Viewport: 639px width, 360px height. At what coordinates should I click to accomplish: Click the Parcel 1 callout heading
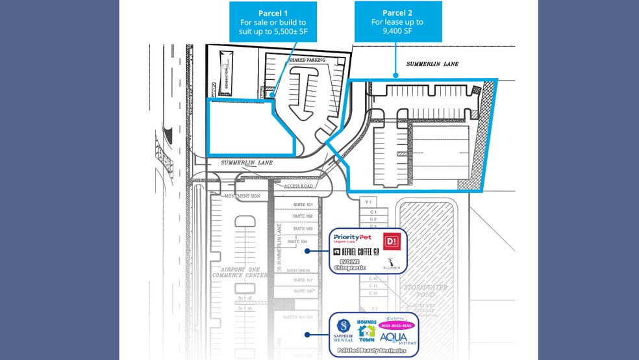pos(273,13)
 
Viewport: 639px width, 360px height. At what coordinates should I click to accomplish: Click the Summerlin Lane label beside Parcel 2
pos(432,64)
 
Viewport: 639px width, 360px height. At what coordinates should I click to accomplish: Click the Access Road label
pos(298,186)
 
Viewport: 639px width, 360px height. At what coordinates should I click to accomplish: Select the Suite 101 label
pos(303,204)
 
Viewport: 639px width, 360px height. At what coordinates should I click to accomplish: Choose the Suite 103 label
pos(303,229)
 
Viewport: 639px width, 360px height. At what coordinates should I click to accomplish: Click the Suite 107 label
pos(303,280)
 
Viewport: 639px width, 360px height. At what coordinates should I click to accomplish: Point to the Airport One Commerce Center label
pos(240,272)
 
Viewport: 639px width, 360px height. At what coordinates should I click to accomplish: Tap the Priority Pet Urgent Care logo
pos(353,238)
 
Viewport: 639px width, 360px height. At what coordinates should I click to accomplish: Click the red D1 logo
pos(392,241)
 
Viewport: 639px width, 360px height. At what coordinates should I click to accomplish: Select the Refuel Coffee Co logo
pos(356,251)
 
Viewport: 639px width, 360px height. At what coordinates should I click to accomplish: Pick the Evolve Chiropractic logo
pos(349,264)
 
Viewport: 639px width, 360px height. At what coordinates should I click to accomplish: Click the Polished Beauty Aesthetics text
pos(372,350)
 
